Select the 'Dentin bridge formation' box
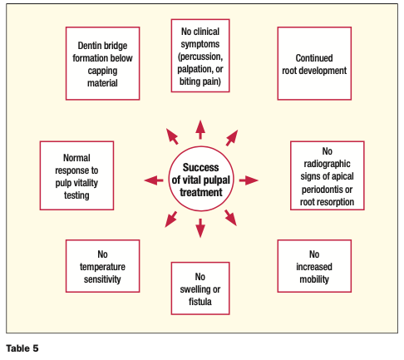[x=102, y=63]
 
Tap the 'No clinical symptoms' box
[x=200, y=56]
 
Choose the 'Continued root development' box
[x=314, y=63]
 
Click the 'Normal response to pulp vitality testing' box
[x=76, y=175]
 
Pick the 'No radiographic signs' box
[x=328, y=175]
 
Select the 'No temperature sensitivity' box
[x=102, y=266]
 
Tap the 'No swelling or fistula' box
[x=200, y=288]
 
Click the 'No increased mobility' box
[x=314, y=266]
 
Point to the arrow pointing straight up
[x=200, y=130]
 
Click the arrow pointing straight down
[x=200, y=228]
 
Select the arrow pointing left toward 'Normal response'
[x=154, y=180]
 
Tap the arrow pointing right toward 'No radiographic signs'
[x=249, y=180]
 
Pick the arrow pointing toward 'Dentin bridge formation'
[x=172, y=136]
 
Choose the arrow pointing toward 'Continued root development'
[x=232, y=138]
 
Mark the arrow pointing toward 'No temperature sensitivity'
[x=171, y=219]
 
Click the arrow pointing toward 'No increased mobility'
[x=230, y=218]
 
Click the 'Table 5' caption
[x=22, y=348]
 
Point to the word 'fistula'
[x=200, y=302]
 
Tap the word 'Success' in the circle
[x=200, y=167]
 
